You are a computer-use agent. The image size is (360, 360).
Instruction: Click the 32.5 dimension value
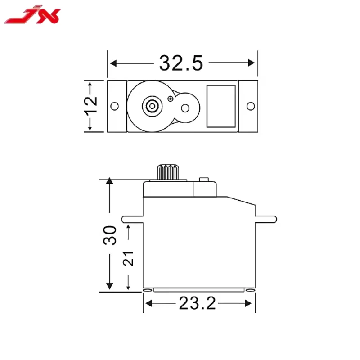181,63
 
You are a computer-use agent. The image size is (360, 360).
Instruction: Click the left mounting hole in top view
115,106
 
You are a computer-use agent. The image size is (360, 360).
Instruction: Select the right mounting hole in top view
251,106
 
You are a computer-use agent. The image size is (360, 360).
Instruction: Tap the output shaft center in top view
151,106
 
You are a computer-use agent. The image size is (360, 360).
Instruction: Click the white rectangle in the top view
221,106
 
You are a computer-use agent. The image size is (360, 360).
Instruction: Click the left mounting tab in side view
132,219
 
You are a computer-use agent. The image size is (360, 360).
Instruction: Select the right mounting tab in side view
266,219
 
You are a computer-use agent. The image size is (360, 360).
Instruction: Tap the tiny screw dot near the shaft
170,98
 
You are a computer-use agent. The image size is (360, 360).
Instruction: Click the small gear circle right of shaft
185,108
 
